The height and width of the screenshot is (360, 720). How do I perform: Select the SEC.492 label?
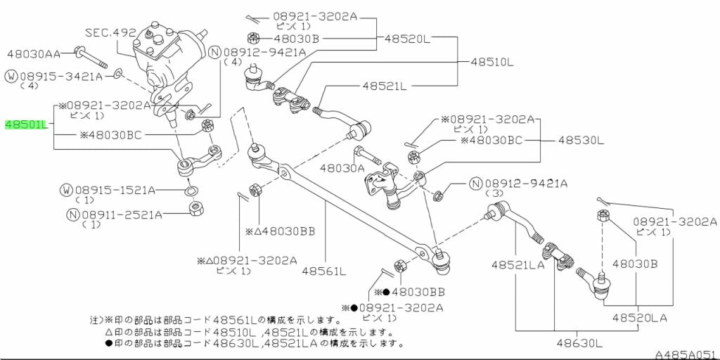(x=109, y=32)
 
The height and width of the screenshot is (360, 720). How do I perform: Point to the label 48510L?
(x=492, y=62)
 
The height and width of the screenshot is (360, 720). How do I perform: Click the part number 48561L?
(x=325, y=271)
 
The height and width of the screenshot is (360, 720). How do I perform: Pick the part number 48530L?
(x=581, y=141)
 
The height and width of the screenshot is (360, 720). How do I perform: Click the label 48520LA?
(x=639, y=318)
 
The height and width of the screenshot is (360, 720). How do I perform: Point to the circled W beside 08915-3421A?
(x=11, y=75)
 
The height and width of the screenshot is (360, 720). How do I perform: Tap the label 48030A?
(x=342, y=168)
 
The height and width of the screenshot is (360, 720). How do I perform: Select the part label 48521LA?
(x=517, y=265)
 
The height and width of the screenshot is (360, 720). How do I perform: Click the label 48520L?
(x=405, y=39)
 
